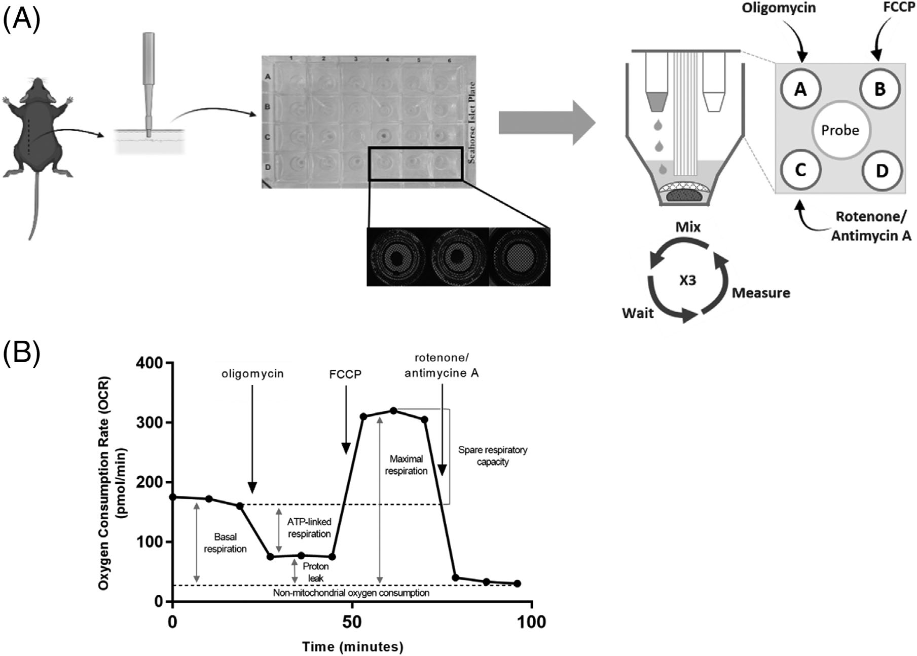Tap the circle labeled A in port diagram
pos(800,89)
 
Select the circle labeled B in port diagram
pos(879,89)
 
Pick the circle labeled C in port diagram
pos(800,170)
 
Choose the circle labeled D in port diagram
pos(882,171)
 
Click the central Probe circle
pos(840,130)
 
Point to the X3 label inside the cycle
pos(687,280)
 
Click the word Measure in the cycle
pos(761,293)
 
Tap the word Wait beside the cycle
pos(638,313)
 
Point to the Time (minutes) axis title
pos(353,646)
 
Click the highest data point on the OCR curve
pos(393,410)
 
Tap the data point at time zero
pos(173,497)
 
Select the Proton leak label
pos(316,572)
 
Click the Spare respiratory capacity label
pos(492,455)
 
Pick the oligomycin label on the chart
pos(252,374)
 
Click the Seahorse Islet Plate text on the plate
pos(471,123)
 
